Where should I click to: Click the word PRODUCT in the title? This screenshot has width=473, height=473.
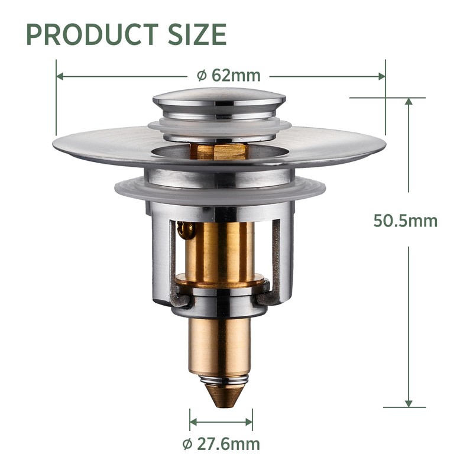point(93,34)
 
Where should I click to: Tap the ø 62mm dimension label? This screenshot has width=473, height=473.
point(228,76)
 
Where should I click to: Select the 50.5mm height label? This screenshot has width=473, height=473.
point(406,221)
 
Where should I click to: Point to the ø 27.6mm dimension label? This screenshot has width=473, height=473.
point(221,444)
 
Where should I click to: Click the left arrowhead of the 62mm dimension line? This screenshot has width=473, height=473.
point(60,76)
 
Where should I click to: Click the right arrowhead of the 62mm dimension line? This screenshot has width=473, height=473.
point(381,76)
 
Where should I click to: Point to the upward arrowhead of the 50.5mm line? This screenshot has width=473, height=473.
point(409,101)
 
